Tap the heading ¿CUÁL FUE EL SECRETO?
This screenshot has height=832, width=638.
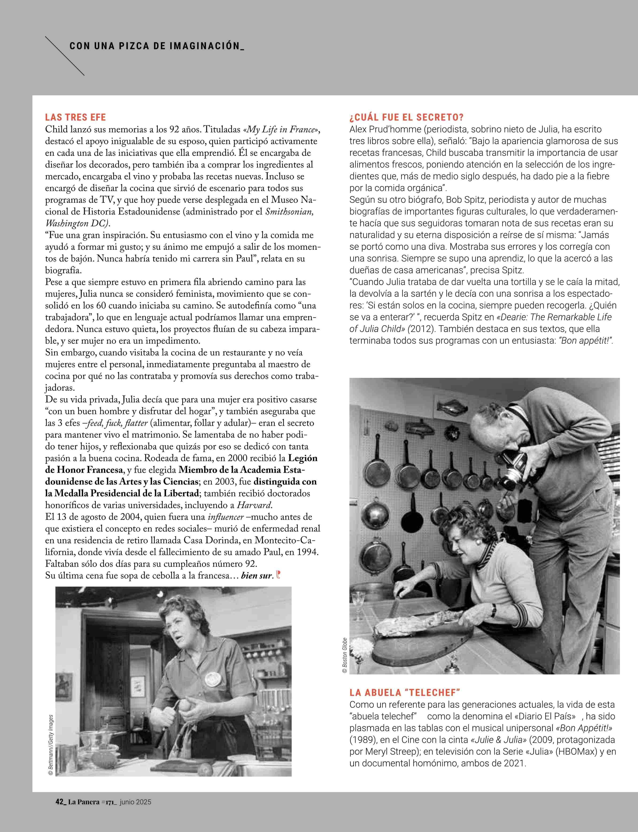click(x=406, y=117)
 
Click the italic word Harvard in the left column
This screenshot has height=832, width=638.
click(x=254, y=505)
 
